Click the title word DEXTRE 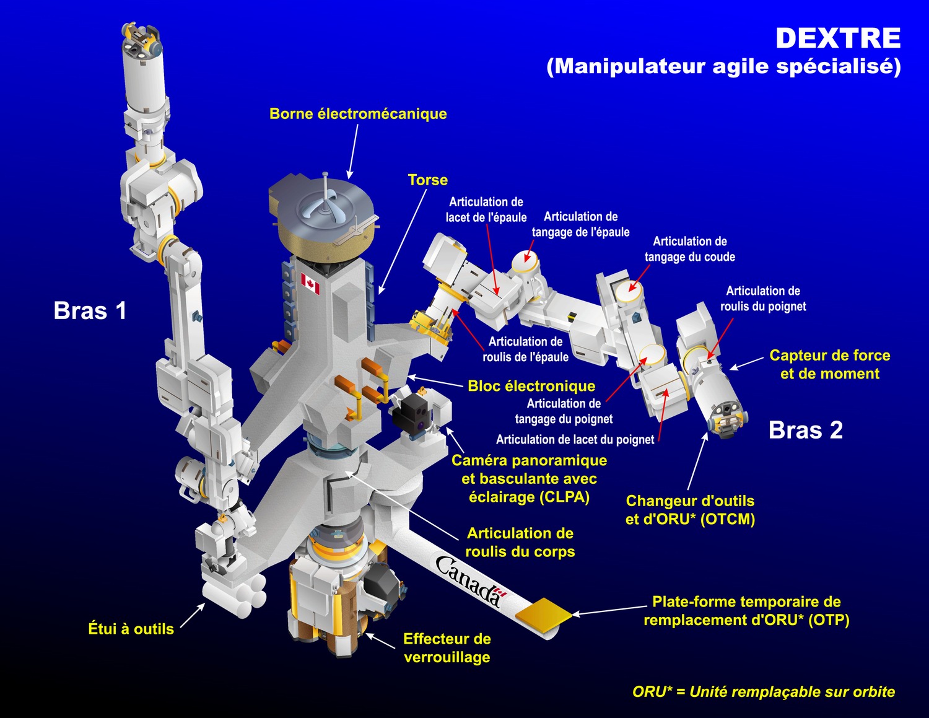click(x=838, y=38)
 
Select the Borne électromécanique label click(x=358, y=114)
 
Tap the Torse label click(x=427, y=180)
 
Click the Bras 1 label click(x=90, y=310)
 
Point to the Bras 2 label click(x=806, y=430)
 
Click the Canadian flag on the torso click(x=310, y=284)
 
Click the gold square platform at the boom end click(x=543, y=614)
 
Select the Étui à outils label click(x=131, y=629)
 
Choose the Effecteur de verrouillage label click(x=447, y=648)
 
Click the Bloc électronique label click(x=531, y=386)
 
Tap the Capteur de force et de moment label click(x=829, y=364)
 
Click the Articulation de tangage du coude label click(x=689, y=249)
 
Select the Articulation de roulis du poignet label click(x=762, y=299)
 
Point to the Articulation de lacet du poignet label click(x=575, y=439)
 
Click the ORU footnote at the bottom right click(x=764, y=691)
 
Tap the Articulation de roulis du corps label click(x=520, y=542)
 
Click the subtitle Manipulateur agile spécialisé click(x=723, y=66)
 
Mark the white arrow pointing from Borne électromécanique click(x=354, y=151)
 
